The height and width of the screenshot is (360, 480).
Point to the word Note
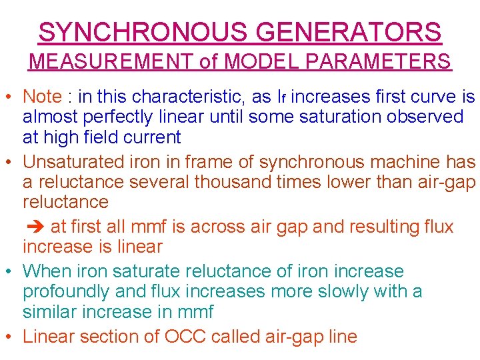(42, 97)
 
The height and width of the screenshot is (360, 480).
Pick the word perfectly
(124, 117)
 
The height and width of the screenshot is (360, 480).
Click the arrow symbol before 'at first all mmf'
(34, 227)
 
